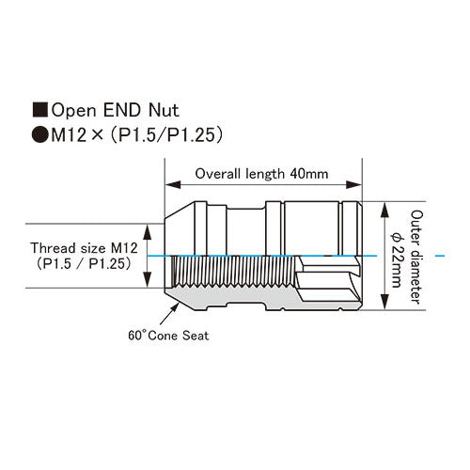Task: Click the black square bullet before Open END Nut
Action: (40, 110)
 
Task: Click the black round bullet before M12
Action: (40, 135)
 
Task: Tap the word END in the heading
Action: (122, 110)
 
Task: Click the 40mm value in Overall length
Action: (309, 174)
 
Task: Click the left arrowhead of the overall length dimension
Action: (173, 184)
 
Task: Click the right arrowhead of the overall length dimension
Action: (353, 184)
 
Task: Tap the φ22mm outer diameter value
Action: (396, 259)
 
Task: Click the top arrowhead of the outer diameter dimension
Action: (384, 210)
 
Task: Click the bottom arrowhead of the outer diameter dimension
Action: (384, 302)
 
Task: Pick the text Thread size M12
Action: (84, 248)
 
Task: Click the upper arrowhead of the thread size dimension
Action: (148, 232)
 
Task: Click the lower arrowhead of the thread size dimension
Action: (148, 280)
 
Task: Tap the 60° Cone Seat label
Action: (168, 336)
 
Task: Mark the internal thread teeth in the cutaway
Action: (233, 272)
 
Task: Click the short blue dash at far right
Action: (440, 256)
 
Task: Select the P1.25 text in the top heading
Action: (190, 135)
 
